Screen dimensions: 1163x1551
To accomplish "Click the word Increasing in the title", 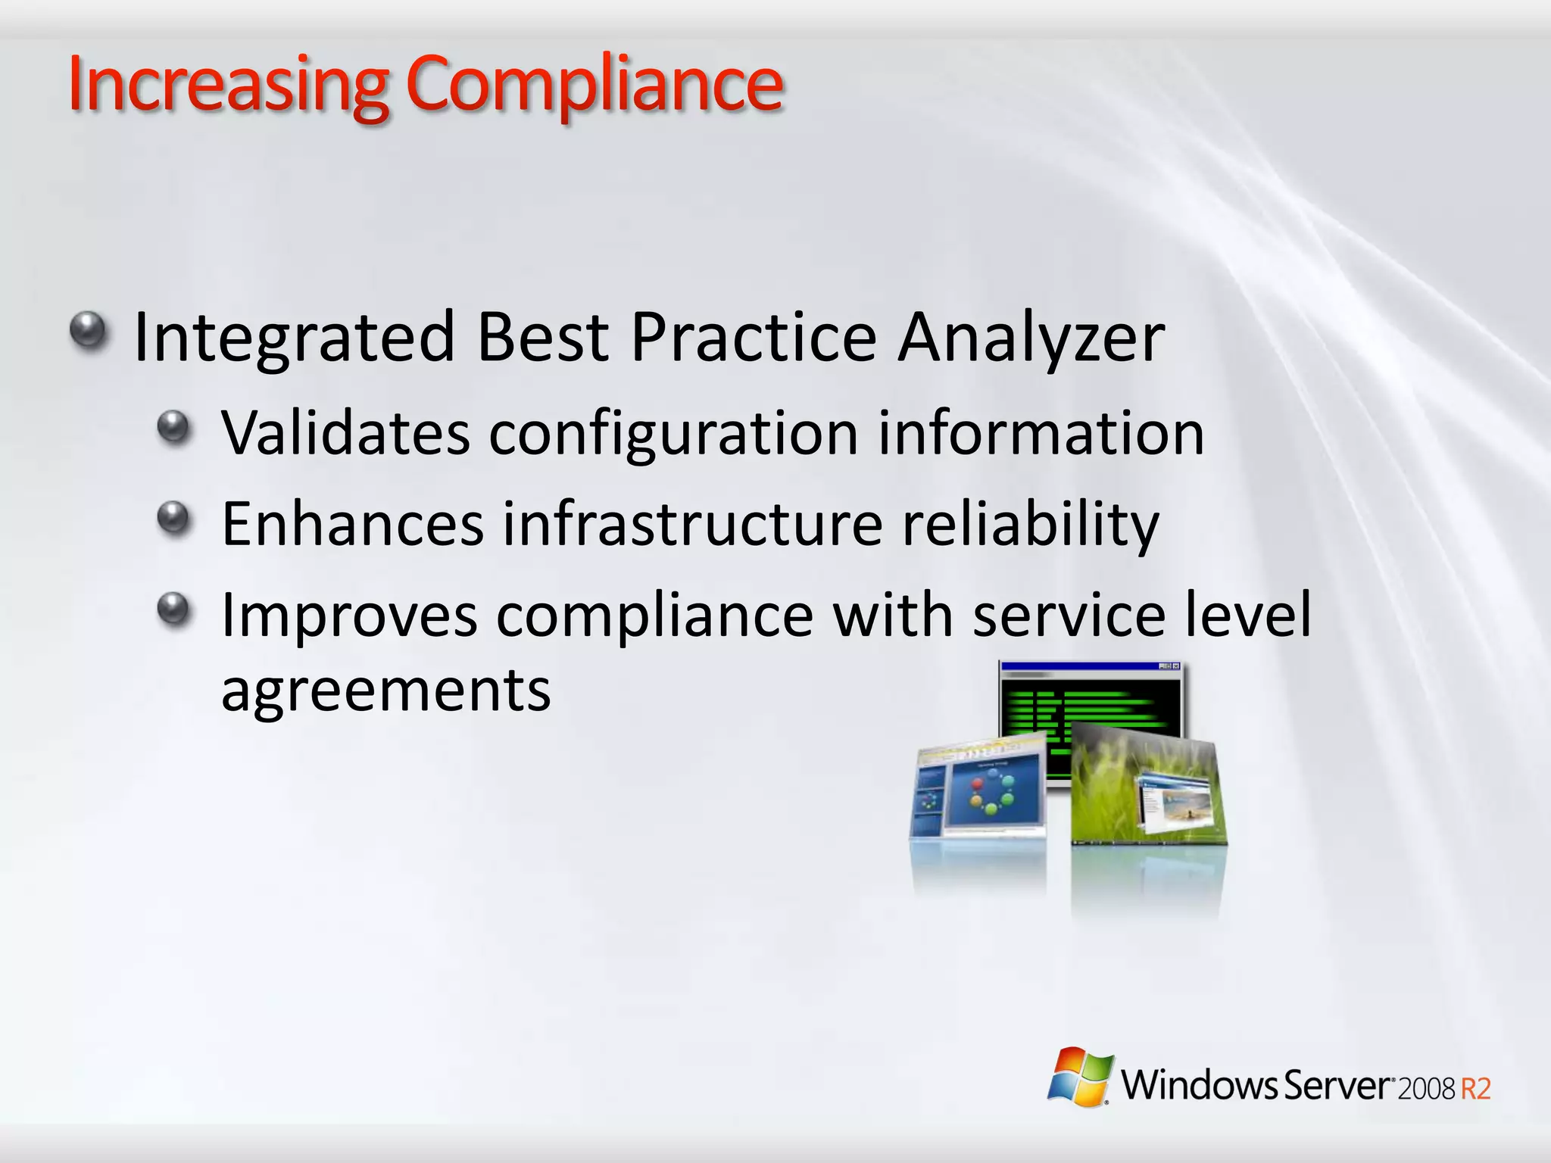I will [227, 85].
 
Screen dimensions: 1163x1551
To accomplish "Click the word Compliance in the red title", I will [594, 85].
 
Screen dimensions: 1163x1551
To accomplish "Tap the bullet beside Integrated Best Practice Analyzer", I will [90, 331].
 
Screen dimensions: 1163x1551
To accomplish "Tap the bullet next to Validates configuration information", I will [175, 427].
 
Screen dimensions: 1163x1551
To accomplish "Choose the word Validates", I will [345, 433].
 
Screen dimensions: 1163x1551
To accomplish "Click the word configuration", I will [673, 435].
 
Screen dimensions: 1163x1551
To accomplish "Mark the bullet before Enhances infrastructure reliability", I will [175, 518].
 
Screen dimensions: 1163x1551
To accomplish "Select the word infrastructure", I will [692, 524].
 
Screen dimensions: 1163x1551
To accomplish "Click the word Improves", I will [349, 616].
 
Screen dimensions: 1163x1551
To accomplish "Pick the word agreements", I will [385, 691].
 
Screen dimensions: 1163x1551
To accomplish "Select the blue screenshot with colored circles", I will [981, 791].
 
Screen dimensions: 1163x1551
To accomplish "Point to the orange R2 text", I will [1475, 1089].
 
